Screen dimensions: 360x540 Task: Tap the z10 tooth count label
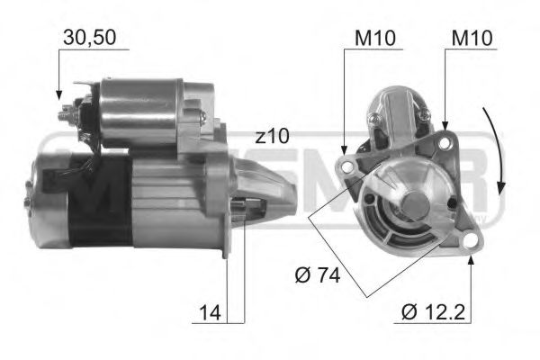tap(271, 136)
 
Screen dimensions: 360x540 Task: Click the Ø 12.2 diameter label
tap(435, 312)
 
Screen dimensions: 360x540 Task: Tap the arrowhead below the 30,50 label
tap(58, 93)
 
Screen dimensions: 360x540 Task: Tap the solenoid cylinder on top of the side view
tap(139, 112)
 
